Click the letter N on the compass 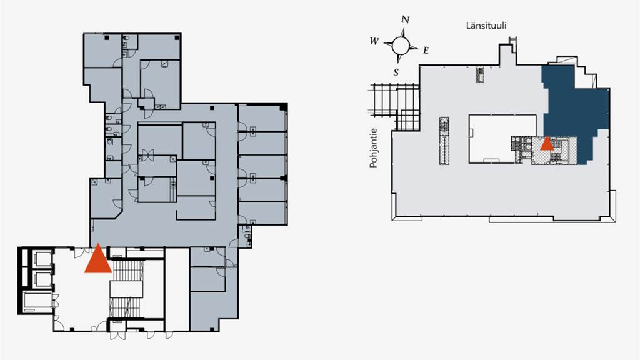[x=405, y=20]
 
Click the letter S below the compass [x=396, y=71]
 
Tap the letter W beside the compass [x=374, y=41]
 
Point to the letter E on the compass [x=426, y=50]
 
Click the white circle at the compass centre [x=401, y=45]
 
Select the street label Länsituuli [x=486, y=26]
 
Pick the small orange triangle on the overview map [x=547, y=144]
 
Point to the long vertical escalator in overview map [x=444, y=140]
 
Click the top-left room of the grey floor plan [x=102, y=50]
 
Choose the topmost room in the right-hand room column [x=262, y=117]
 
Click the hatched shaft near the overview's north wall [x=480, y=74]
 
